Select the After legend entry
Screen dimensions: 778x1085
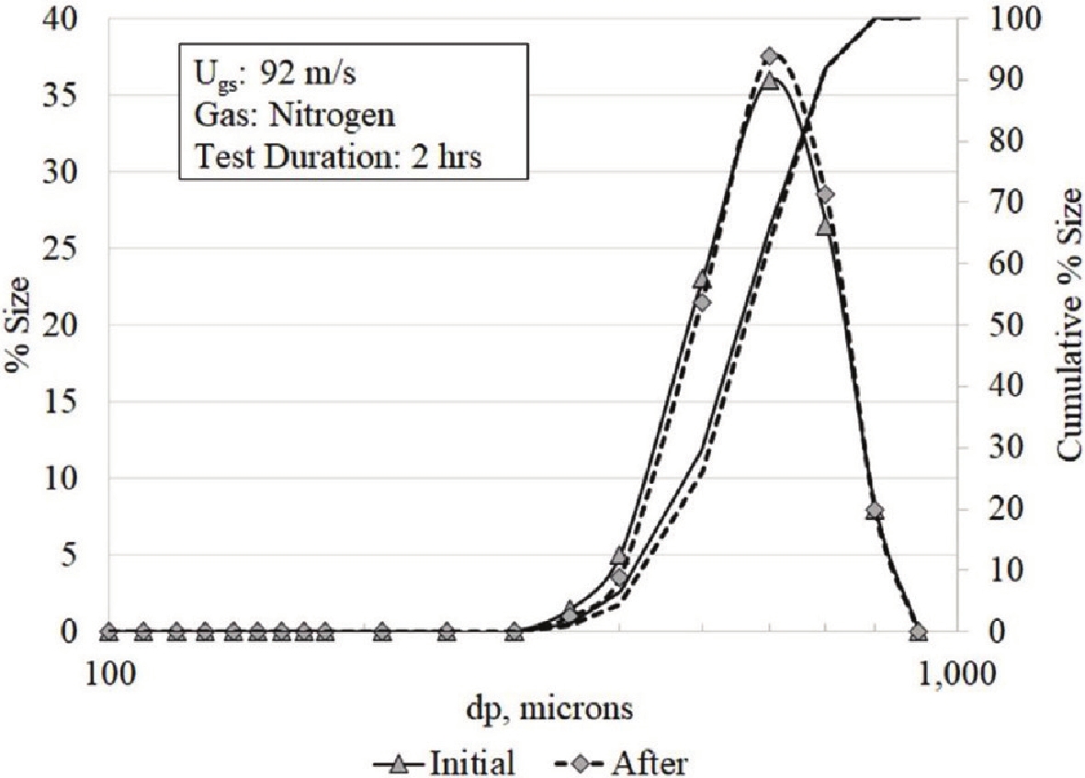(634, 761)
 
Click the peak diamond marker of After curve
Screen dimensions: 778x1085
(770, 56)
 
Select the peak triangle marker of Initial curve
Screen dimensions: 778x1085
(770, 81)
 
